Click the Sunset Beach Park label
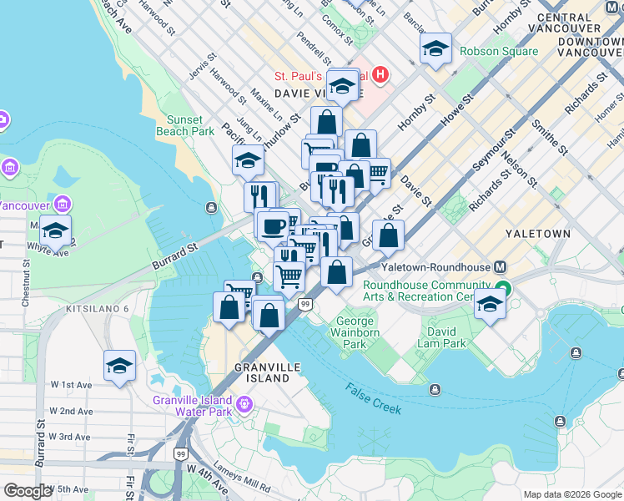[x=185, y=125]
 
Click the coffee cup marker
[x=273, y=225]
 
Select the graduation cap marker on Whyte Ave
[x=55, y=230]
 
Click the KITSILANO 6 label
[x=98, y=308]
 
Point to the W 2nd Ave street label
[x=71, y=411]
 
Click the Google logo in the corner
[x=28, y=491]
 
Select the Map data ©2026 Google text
[x=571, y=494]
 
